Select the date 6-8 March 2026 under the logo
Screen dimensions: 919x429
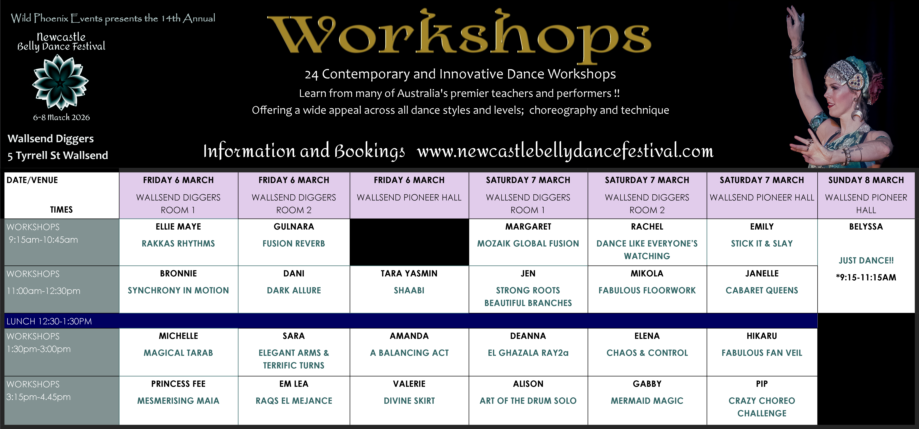(61, 117)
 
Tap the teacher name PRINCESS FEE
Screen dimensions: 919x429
(178, 384)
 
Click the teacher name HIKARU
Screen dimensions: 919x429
(762, 336)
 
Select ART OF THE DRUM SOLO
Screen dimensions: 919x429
(528, 401)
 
